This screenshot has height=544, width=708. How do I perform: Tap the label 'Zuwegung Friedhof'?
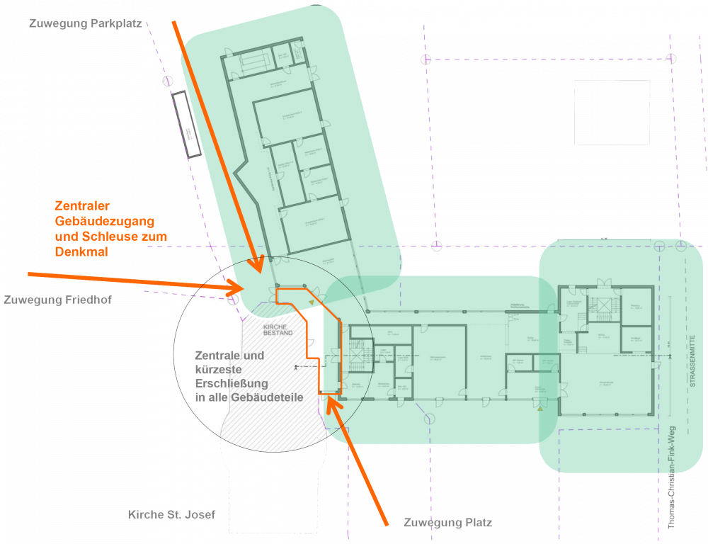[57, 300]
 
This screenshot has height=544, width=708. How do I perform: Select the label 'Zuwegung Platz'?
[447, 523]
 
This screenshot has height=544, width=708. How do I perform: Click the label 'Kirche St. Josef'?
[171, 515]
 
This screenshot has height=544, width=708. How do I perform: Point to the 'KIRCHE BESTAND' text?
[278, 329]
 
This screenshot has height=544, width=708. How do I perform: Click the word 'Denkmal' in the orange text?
[81, 251]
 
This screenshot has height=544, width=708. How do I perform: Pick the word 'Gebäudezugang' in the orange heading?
[104, 221]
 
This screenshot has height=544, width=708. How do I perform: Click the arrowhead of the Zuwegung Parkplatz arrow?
[258, 266]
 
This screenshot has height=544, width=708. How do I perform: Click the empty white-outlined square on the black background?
[612, 112]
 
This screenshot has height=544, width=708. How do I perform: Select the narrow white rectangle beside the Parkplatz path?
[188, 124]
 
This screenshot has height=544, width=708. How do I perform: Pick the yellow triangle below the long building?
[540, 409]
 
